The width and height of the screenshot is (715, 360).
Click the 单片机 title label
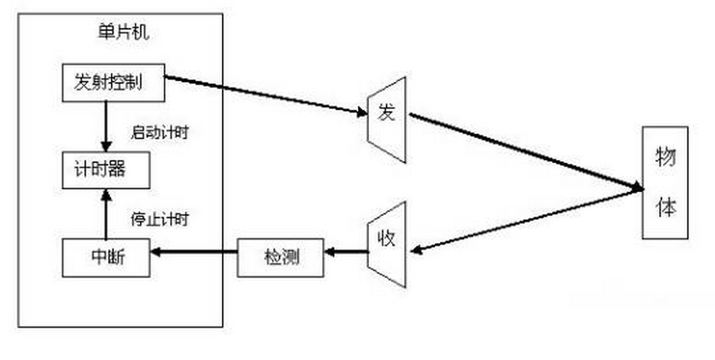119,33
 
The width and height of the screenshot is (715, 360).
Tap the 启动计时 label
160,133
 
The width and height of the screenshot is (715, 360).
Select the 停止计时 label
160,217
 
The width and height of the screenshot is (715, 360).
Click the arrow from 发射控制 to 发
264,94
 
